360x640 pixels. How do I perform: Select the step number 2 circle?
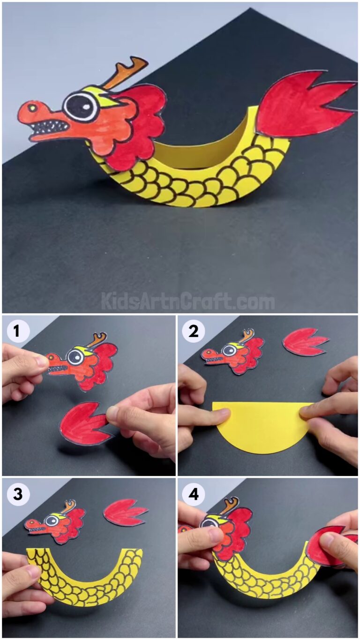coord(193,331)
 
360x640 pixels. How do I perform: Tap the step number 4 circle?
coord(193,494)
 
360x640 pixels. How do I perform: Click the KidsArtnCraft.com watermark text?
coord(187,301)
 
